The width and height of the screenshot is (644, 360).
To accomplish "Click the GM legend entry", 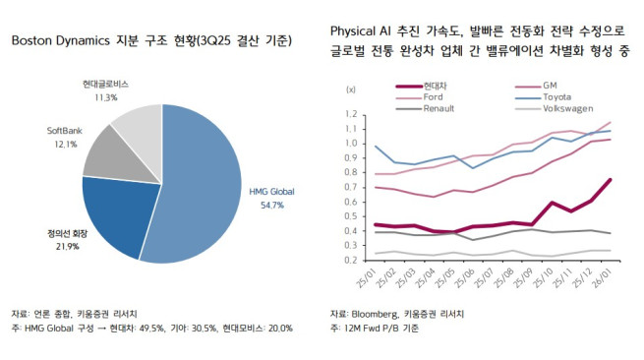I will [x=550, y=86].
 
